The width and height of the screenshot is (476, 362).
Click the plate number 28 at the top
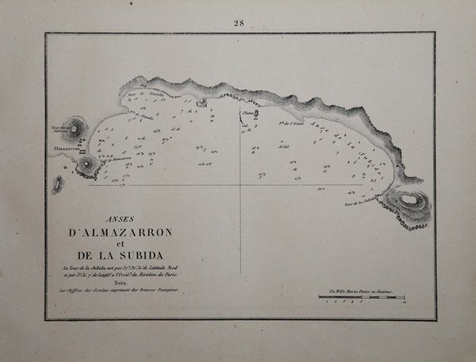point(238,22)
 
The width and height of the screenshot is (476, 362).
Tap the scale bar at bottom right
point(366,302)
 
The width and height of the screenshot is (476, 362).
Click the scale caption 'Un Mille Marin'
point(365,294)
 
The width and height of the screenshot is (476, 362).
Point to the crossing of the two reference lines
point(240,187)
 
